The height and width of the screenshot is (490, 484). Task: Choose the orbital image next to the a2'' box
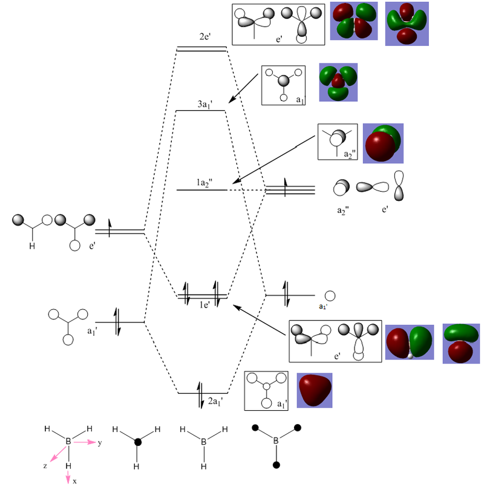pyautogui.click(x=383, y=143)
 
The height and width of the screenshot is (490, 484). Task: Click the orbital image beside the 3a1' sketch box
pyautogui.click(x=338, y=82)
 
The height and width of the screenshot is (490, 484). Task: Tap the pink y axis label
pyautogui.click(x=99, y=443)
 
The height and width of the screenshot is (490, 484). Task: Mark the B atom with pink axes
pyautogui.click(x=68, y=443)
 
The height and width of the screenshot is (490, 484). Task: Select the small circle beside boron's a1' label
pyautogui.click(x=330, y=296)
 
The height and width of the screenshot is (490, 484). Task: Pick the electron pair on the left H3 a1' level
pyautogui.click(x=117, y=321)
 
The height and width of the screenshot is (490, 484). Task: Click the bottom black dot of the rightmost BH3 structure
pyautogui.click(x=276, y=466)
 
